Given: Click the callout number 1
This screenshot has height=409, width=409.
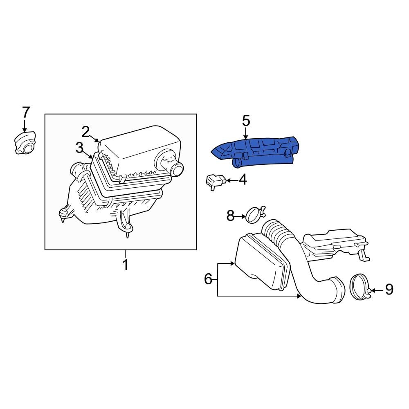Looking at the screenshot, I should tap(126, 265).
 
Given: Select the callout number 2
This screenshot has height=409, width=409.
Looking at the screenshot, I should tap(85, 132).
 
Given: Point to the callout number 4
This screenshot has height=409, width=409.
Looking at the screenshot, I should tap(243, 180).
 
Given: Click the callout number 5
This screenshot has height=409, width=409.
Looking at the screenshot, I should tap(245, 121).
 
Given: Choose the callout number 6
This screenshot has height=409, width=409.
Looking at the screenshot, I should tap(208, 279).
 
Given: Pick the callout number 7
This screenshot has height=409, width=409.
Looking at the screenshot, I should tap(25, 112).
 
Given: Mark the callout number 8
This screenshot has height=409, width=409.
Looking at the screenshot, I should tap(231, 216).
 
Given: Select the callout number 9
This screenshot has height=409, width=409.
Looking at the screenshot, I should tap(389, 290).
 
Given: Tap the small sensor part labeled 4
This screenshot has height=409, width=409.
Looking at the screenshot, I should tap(216, 181).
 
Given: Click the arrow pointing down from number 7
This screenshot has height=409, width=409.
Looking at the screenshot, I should tap(25, 125).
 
